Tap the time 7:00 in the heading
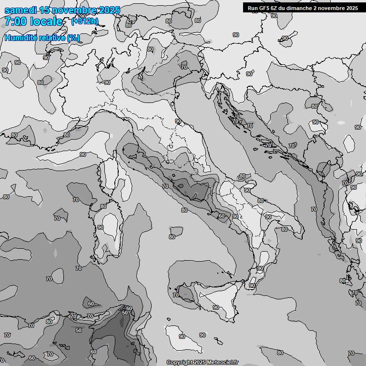pyautogui.click(x=15, y=21)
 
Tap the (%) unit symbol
pyautogui.click(x=73, y=38)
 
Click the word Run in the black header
pyautogui.click(x=252, y=8)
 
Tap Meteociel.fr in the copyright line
pyautogui.click(x=222, y=363)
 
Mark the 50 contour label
pyautogui.click(x=125, y=313)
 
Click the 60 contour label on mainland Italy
pyautogui.click(x=221, y=216)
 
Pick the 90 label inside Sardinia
pyautogui.click(x=100, y=228)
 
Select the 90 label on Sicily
pyautogui.click(x=216, y=308)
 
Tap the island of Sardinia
pyautogui.click(x=107, y=234)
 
